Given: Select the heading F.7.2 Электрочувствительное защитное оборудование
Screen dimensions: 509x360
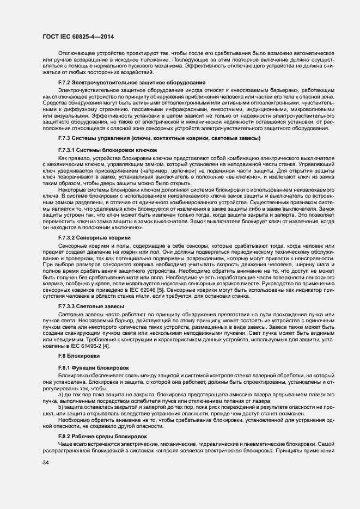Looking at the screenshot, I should click(131, 82).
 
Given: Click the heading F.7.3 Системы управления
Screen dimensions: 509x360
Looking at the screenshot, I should click(159, 138).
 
